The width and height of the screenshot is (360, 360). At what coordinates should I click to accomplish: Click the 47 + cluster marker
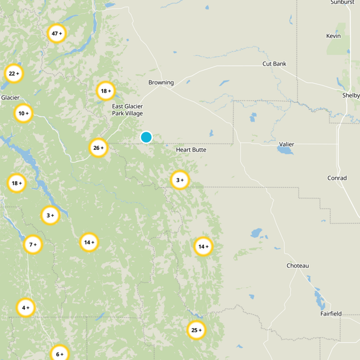pos(57,34)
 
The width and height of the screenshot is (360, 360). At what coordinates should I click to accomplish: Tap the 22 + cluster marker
pos(13,73)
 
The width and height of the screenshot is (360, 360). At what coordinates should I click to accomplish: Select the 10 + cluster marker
pos(23,113)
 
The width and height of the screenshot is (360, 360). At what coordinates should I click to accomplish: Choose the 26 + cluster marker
pos(98,148)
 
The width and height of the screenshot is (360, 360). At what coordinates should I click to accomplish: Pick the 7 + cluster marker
pos(33,245)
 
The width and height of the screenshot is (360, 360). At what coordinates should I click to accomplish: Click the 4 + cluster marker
pos(26,308)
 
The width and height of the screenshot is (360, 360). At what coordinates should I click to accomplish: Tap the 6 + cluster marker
pos(59,354)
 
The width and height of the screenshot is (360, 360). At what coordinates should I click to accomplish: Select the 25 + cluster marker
pos(196,330)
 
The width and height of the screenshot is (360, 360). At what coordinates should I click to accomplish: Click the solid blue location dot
pos(146,137)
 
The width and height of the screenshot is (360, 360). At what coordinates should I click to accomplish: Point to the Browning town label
pos(161,82)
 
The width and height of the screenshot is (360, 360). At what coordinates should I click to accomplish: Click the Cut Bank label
pos(274,64)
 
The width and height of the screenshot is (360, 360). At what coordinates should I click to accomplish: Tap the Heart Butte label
pos(191,149)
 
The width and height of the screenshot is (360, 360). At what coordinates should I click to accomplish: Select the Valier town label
pos(287,144)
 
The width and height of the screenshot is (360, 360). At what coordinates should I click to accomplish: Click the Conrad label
pos(337,178)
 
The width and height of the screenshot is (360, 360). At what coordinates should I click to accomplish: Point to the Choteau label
pos(298,266)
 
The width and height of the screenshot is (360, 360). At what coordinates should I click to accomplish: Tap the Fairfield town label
pos(331,314)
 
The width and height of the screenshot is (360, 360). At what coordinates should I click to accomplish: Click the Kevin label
pos(333,36)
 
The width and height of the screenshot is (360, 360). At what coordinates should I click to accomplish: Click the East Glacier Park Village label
pos(127,110)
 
